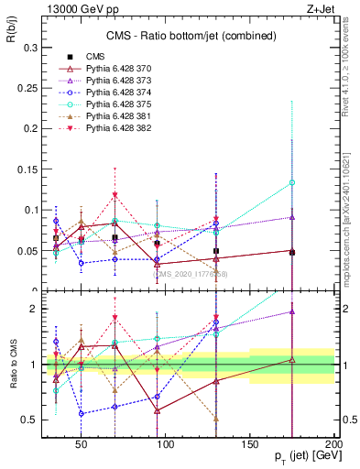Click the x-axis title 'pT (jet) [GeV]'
(303, 456)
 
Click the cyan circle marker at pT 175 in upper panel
(292, 182)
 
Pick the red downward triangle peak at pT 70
(115, 195)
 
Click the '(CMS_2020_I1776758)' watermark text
(190, 274)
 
